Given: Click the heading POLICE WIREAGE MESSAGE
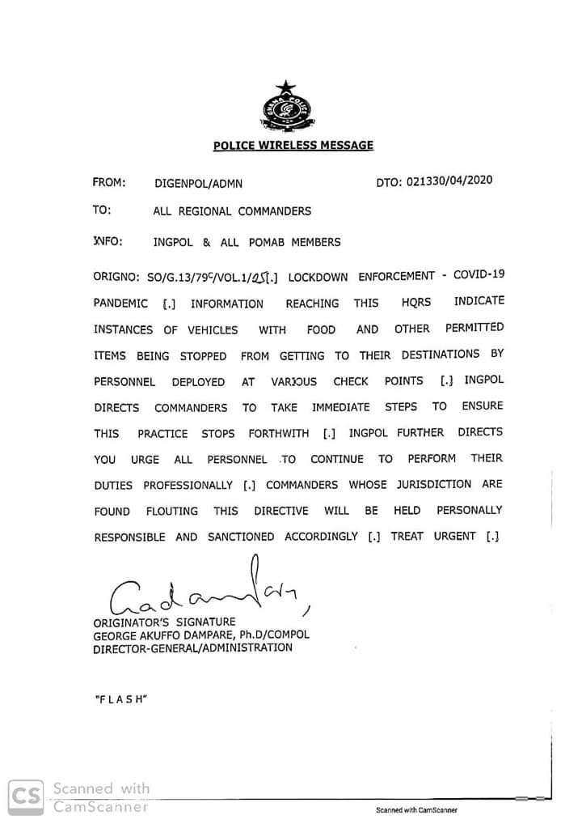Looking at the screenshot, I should [293, 146].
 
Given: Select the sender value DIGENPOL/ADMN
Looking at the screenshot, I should [198, 184].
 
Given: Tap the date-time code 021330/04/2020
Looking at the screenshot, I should [446, 181].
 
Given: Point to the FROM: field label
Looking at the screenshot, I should [109, 183].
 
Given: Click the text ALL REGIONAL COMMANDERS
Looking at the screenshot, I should [232, 211].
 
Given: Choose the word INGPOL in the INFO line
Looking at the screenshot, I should [171, 242].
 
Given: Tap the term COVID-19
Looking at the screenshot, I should [479, 274].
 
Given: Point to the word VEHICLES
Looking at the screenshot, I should [213, 330].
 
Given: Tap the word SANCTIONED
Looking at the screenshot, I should [240, 537].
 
